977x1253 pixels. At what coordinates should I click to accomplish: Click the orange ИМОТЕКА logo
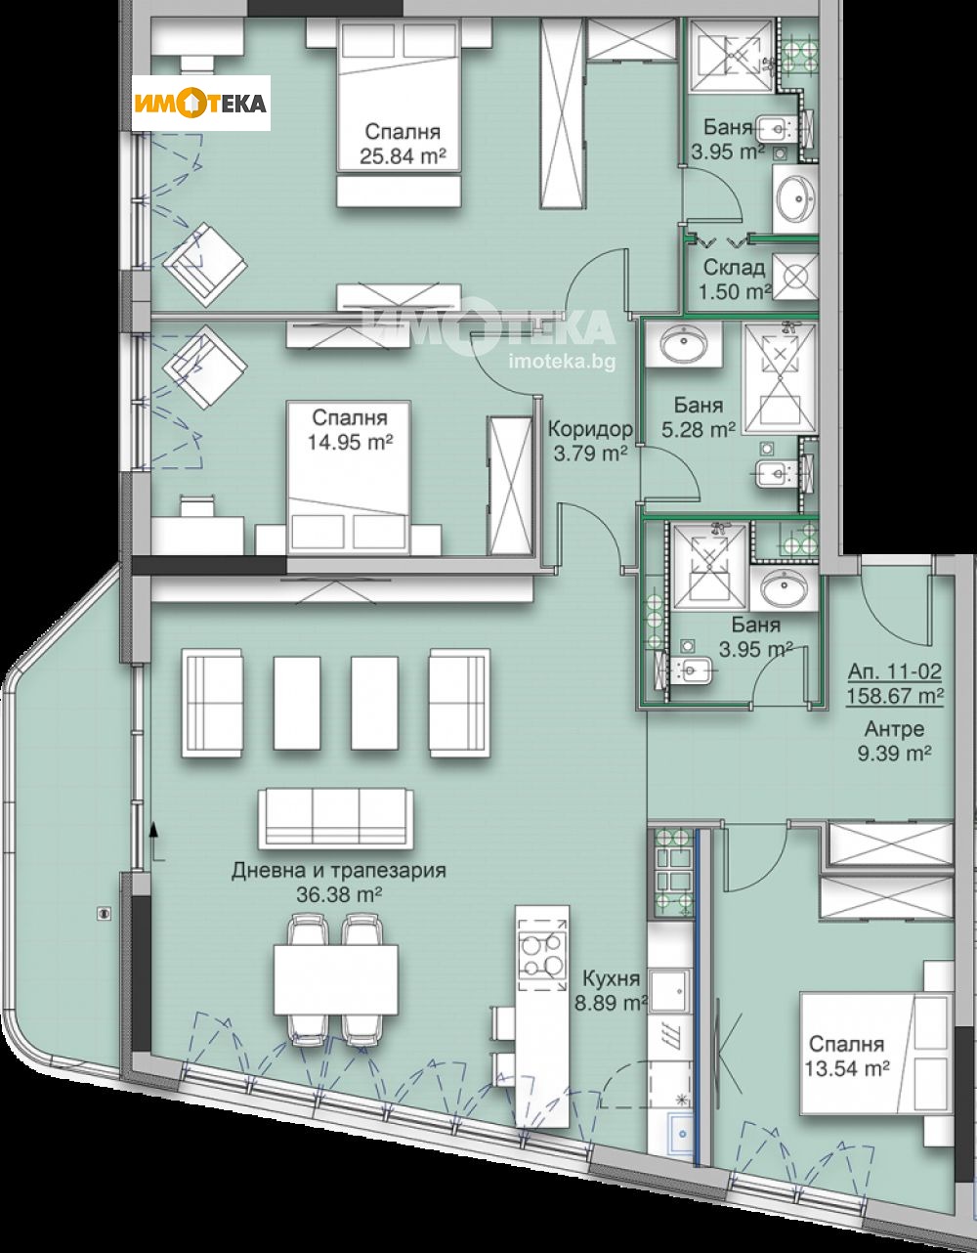pos(200,104)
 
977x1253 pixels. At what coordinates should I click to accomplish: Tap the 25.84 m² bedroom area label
pos(403,156)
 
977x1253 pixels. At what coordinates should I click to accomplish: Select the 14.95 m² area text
pos(350,443)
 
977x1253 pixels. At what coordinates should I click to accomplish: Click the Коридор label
pos(590,428)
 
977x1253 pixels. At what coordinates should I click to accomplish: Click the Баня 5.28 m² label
pos(698,417)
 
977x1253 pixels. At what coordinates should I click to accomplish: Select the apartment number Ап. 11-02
pos(895,671)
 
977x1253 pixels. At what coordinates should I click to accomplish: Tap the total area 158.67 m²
pos(895,696)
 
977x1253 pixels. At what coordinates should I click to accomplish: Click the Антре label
pos(895,729)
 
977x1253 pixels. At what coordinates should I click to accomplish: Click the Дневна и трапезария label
pos(339,869)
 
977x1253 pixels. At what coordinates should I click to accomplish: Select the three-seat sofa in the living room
pos(335,819)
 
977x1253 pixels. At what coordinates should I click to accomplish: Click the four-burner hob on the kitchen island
pos(542,954)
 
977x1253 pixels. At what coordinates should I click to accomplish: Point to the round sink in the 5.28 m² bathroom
pos(683,345)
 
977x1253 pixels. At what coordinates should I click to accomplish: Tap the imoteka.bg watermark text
pos(562,362)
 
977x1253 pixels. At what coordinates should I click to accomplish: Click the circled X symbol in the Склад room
pos(794,277)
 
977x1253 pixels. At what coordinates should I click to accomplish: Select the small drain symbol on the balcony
pos(105,912)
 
